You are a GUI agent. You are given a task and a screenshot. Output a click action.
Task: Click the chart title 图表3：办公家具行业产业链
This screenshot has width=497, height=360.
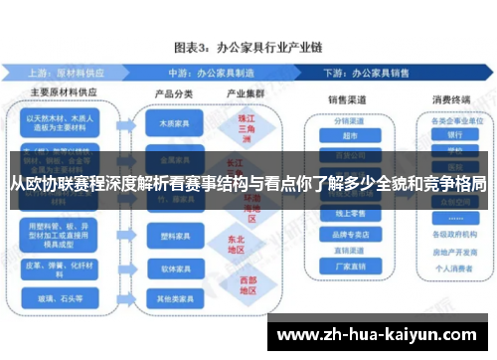pyautogui.click(x=248, y=47)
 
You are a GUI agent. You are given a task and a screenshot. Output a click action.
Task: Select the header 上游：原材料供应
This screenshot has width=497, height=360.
pyautogui.click(x=71, y=73)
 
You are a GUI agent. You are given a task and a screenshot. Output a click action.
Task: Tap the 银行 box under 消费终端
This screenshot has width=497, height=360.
pyautogui.click(x=455, y=135)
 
